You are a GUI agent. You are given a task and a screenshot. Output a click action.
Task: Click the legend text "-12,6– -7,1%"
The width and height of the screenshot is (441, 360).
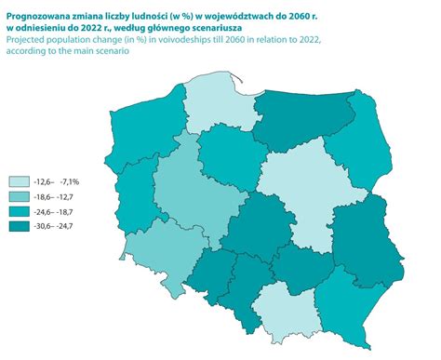tap(57, 181)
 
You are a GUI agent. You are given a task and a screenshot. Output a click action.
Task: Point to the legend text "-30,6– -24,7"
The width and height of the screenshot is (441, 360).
tap(58, 226)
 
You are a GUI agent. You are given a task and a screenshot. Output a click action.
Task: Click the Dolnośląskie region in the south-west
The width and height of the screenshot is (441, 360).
tap(154, 256)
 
